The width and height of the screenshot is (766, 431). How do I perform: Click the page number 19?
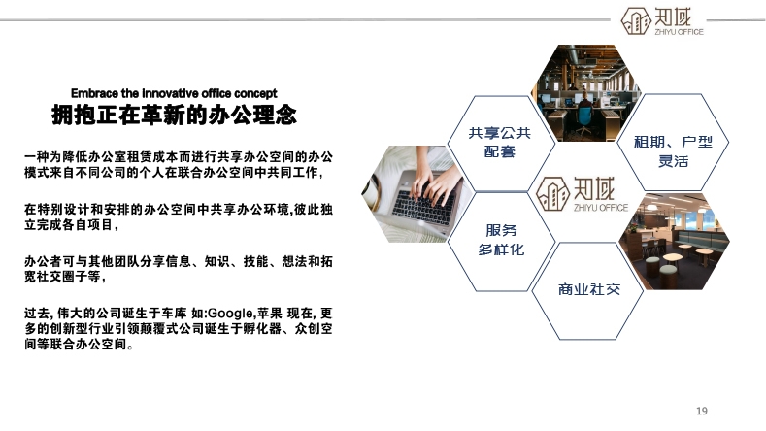pos(702,411)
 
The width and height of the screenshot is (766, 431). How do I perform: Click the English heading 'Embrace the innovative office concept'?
pos(174,93)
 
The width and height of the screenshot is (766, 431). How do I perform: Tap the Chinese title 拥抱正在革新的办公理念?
pos(174,116)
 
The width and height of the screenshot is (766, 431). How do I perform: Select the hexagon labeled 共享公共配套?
pos(501,143)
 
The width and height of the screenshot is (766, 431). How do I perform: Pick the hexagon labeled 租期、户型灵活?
pos(673,142)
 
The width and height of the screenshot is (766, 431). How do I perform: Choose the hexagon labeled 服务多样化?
pos(501,242)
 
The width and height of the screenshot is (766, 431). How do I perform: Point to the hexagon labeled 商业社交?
pos(587,291)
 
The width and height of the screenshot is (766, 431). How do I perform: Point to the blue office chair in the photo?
pos(584,117)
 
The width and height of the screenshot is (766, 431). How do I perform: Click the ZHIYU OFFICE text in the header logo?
pos(679,32)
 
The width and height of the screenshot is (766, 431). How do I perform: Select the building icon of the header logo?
pos(636,21)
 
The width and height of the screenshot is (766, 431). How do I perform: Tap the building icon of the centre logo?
pos(552,194)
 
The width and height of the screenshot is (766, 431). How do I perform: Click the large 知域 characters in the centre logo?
pos(594,188)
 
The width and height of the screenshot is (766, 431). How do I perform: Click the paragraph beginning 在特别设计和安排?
pos(179,217)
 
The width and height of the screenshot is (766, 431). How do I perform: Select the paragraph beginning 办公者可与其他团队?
pos(179,269)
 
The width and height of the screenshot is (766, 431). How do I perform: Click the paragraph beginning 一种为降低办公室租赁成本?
pos(179,165)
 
